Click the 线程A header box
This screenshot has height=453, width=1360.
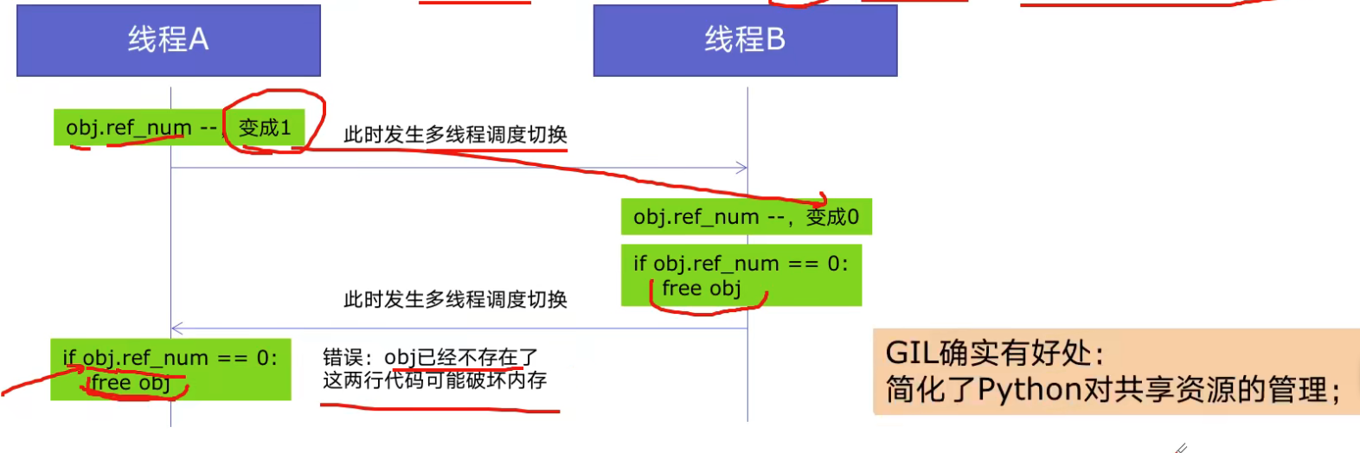click(169, 40)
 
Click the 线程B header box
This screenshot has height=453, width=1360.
click(745, 40)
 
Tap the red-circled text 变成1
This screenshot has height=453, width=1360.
click(265, 128)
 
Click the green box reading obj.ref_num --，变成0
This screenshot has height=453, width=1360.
click(746, 217)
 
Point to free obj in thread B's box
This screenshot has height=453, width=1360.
click(701, 289)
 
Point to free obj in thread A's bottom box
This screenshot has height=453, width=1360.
click(131, 383)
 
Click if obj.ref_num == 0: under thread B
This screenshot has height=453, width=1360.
click(741, 264)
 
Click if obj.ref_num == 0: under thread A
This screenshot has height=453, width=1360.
click(170, 358)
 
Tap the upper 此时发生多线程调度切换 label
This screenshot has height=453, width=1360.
click(455, 135)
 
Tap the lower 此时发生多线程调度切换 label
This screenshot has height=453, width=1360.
click(455, 300)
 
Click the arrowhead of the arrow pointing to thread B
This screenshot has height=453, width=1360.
click(741, 168)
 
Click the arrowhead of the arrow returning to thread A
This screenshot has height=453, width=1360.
click(176, 329)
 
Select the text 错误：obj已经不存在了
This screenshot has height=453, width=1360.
click(430, 357)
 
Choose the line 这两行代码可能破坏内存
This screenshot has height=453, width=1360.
click(434, 380)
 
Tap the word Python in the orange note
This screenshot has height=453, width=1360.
click(1030, 391)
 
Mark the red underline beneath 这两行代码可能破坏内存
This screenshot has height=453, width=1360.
click(439, 408)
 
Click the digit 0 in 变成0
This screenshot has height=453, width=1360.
click(853, 217)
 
